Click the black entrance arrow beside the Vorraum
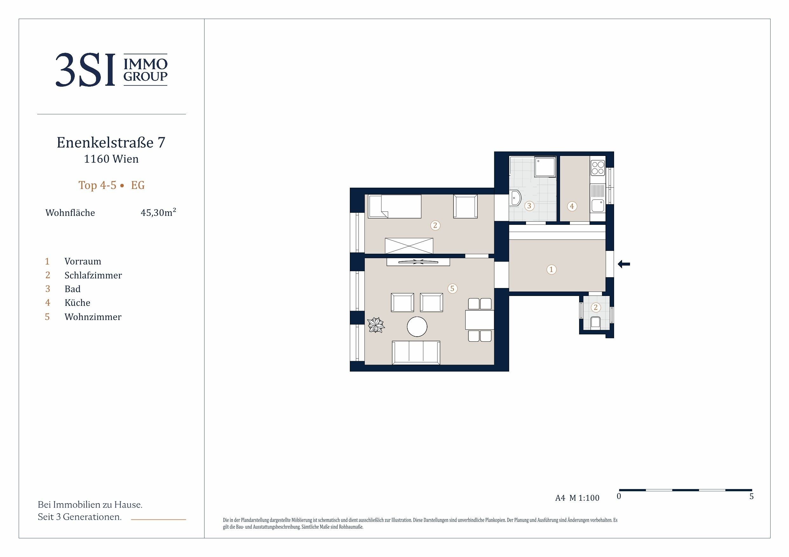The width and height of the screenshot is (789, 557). click(624, 264)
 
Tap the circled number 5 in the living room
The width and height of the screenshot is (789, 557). click(452, 289)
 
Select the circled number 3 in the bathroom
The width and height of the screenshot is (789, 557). click(529, 206)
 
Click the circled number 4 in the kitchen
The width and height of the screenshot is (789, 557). click(572, 206)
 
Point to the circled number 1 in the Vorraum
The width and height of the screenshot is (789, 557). click(551, 269)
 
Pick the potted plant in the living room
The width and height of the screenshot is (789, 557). click(376, 325)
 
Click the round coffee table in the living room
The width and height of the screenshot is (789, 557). click(417, 326)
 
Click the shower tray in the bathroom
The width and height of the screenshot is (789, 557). click(545, 167)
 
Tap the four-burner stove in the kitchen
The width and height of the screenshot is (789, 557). click(598, 168)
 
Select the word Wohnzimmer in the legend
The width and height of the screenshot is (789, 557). click(93, 317)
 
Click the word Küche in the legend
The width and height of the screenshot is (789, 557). click(77, 303)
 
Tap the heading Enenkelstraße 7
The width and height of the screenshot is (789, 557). click(111, 142)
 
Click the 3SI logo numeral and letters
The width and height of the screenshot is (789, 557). click(85, 70)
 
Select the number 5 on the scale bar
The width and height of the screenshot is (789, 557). click(751, 497)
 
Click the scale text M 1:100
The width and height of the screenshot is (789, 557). click(584, 498)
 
